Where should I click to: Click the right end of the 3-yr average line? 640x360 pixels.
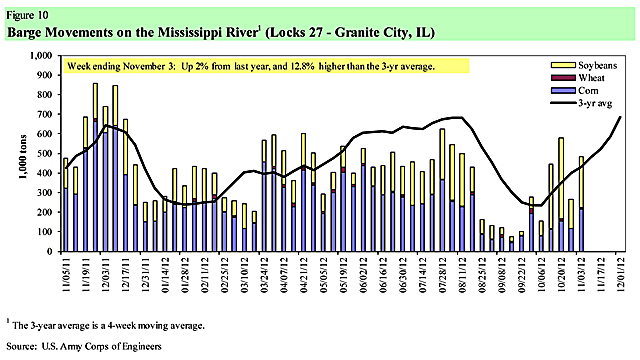[x=621, y=118]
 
